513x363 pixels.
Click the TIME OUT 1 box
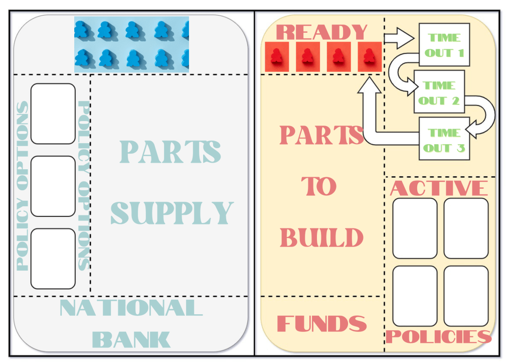[x=444, y=45]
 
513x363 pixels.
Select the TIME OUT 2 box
[x=439, y=93]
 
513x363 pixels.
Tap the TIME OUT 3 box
[x=444, y=141]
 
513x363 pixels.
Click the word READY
[x=322, y=32]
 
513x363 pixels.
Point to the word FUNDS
[x=321, y=324]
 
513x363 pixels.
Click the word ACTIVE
[x=439, y=188]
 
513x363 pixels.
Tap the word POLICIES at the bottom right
[x=438, y=336]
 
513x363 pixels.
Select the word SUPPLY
[x=172, y=213]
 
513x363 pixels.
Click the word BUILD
[x=321, y=237]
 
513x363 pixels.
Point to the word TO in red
[x=319, y=187]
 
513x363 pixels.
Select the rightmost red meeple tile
[x=369, y=57]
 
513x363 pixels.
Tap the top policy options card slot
[x=53, y=113]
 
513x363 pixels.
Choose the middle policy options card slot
[x=53, y=186]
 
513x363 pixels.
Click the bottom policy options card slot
[x=53, y=259]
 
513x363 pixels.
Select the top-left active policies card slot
[x=415, y=228]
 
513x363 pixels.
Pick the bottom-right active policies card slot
[x=466, y=296]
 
